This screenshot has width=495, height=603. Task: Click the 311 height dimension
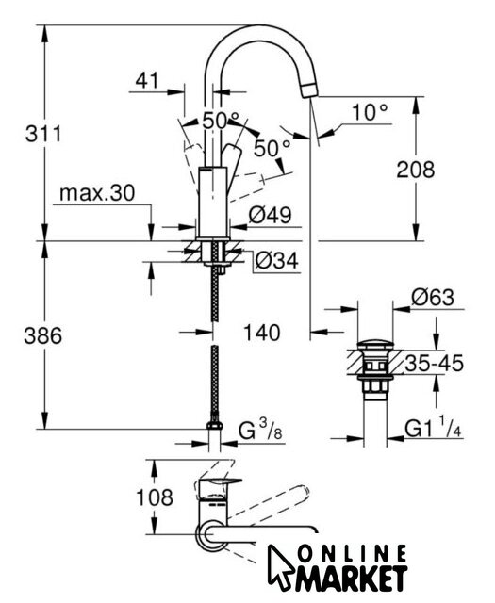(x=43, y=134)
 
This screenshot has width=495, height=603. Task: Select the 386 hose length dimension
(x=43, y=335)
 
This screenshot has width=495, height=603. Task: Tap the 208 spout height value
(x=415, y=170)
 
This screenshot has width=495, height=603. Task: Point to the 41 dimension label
(x=147, y=80)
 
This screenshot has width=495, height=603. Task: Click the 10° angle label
(x=370, y=113)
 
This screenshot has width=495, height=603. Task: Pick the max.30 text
(x=97, y=192)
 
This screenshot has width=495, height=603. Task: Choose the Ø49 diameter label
(x=270, y=215)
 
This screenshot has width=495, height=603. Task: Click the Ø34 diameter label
(x=277, y=261)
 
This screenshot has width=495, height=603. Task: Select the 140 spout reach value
(x=262, y=333)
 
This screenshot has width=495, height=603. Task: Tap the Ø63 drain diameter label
(x=433, y=298)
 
